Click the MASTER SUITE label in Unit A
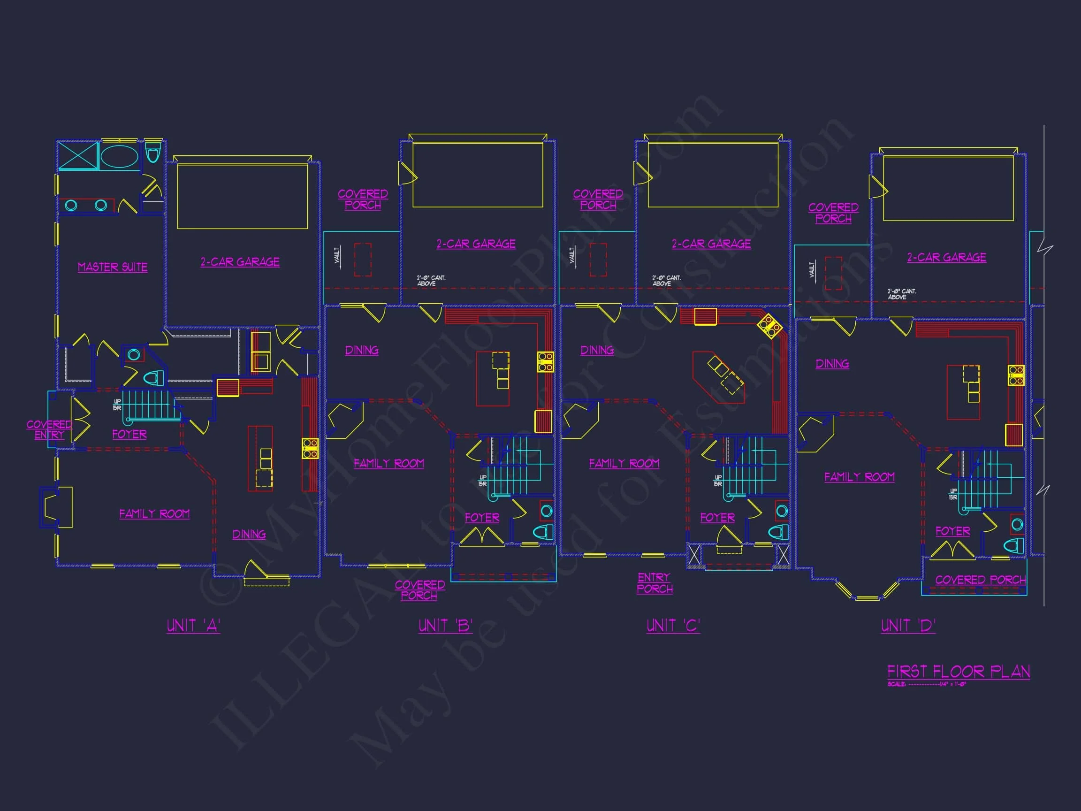pyautogui.click(x=113, y=267)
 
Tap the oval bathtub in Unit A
pyautogui.click(x=119, y=156)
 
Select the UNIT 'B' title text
pyautogui.click(x=445, y=626)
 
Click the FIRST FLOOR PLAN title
pyautogui.click(x=959, y=671)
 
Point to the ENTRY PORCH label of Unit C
pyautogui.click(x=655, y=583)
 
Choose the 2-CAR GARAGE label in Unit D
pyautogui.click(x=947, y=257)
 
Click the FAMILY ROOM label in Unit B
pyautogui.click(x=389, y=463)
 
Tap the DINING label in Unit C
pyautogui.click(x=597, y=350)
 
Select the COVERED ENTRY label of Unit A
pyautogui.click(x=49, y=429)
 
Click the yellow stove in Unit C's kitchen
pyautogui.click(x=770, y=326)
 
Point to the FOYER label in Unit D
pyautogui.click(x=952, y=531)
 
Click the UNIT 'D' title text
pyautogui.click(x=908, y=626)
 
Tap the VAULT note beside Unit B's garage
pyautogui.click(x=337, y=255)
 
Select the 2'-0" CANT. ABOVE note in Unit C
pyautogui.click(x=666, y=281)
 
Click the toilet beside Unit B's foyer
pyautogui.click(x=542, y=532)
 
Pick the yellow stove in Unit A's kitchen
pyautogui.click(x=310, y=448)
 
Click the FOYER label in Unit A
pyautogui.click(x=129, y=434)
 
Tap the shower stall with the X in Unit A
pyautogui.click(x=78, y=155)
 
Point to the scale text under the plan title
pyautogui.click(x=927, y=684)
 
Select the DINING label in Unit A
pyautogui.click(x=249, y=534)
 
